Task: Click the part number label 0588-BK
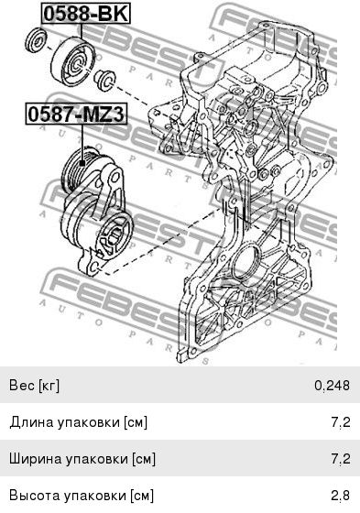[86, 14]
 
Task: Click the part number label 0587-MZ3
[76, 115]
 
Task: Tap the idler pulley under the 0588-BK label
[72, 62]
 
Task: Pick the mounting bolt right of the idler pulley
[104, 80]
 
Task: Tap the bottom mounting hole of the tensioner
[93, 267]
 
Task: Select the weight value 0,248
[332, 386]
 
